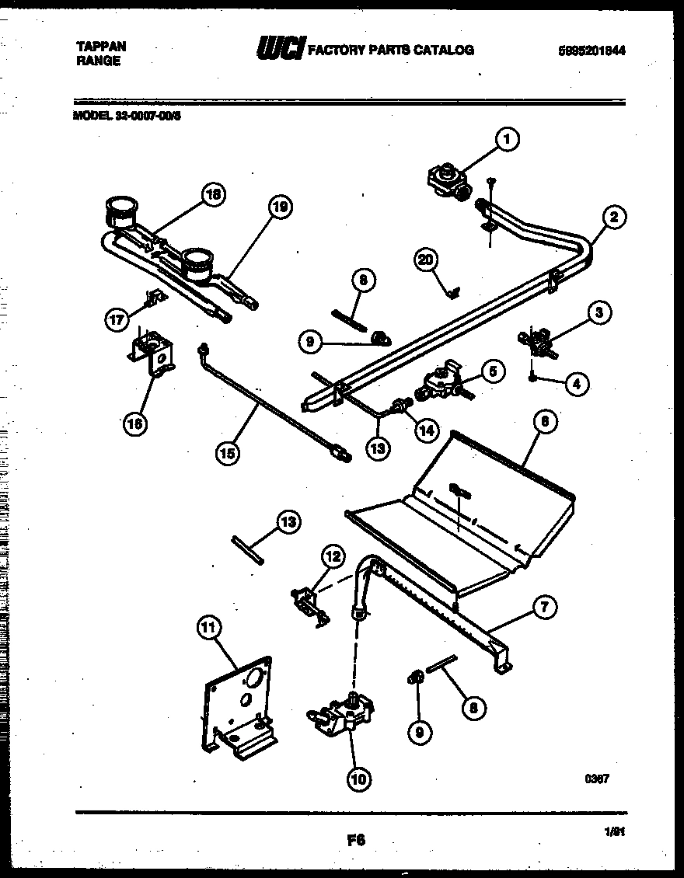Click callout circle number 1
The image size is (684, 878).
pyautogui.click(x=507, y=140)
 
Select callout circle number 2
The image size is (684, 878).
pyautogui.click(x=613, y=218)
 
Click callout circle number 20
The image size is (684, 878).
pyautogui.click(x=424, y=261)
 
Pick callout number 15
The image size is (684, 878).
pyautogui.click(x=227, y=454)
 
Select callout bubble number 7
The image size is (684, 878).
pyautogui.click(x=544, y=608)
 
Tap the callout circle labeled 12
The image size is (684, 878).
pyautogui.click(x=333, y=556)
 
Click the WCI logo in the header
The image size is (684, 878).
pyautogui.click(x=281, y=48)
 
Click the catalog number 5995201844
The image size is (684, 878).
pyautogui.click(x=592, y=51)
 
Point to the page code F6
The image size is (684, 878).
pyautogui.click(x=355, y=839)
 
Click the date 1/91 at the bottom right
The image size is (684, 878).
pyautogui.click(x=615, y=831)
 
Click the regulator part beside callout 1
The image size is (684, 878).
pyautogui.click(x=445, y=181)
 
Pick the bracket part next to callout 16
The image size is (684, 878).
pyautogui.click(x=153, y=354)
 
